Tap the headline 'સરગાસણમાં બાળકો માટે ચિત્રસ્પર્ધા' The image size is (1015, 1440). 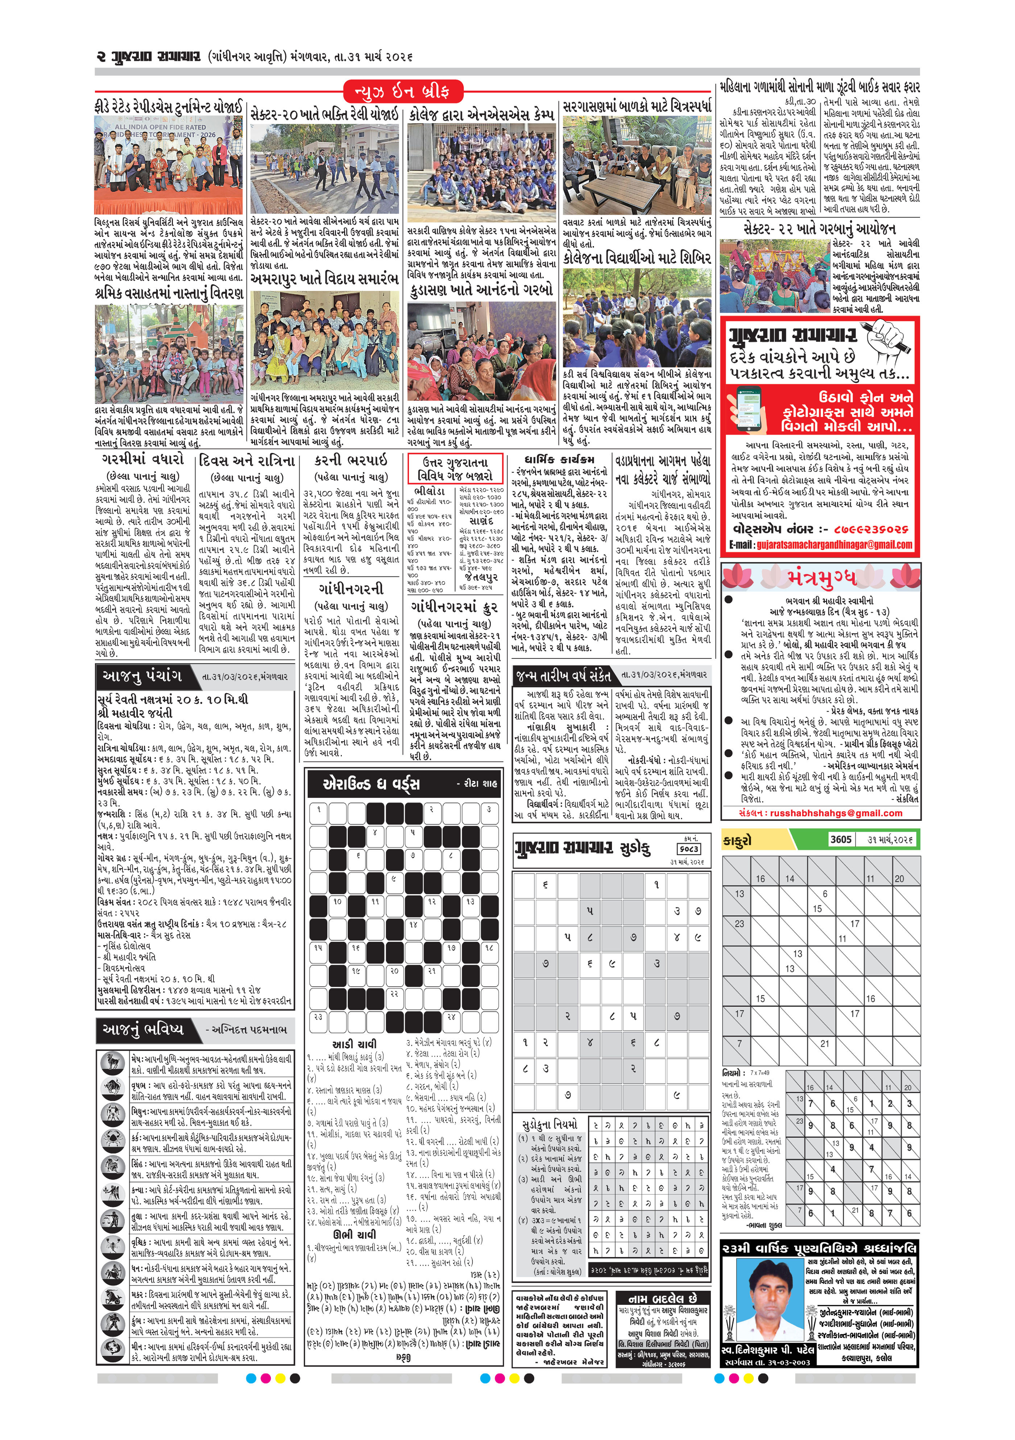(637, 105)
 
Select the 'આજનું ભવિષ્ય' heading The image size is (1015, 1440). (143, 1029)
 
